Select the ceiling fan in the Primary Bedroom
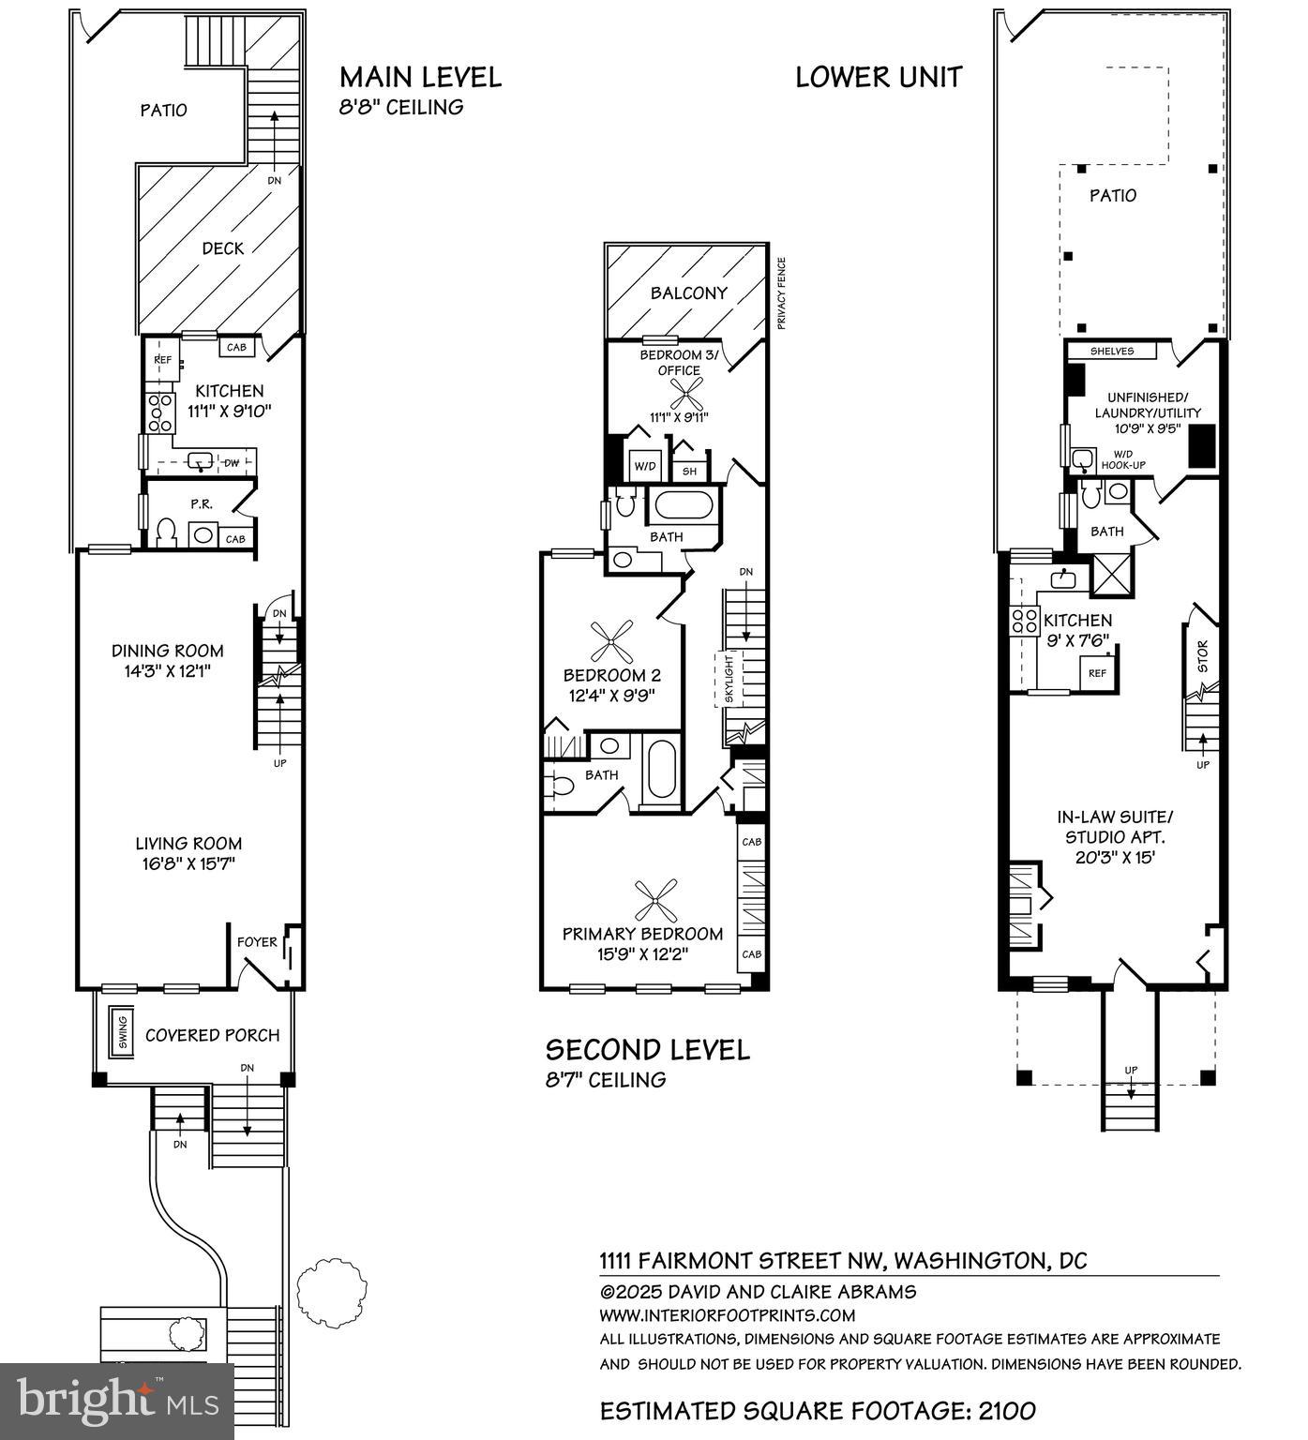[655, 900]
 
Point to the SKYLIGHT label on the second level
[729, 679]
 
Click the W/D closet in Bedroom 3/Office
[643, 466]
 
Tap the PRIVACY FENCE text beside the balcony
[780, 293]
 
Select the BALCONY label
[689, 293]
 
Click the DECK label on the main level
[223, 248]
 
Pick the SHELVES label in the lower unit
[1112, 352]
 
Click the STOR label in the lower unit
[1203, 655]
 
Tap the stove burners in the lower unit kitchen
[1023, 621]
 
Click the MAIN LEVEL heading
[420, 77]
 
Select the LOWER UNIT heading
[879, 77]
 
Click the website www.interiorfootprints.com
[728, 1315]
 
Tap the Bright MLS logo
[117, 1402]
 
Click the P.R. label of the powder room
[201, 504]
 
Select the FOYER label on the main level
[257, 941]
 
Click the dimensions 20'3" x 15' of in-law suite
[1114, 857]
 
